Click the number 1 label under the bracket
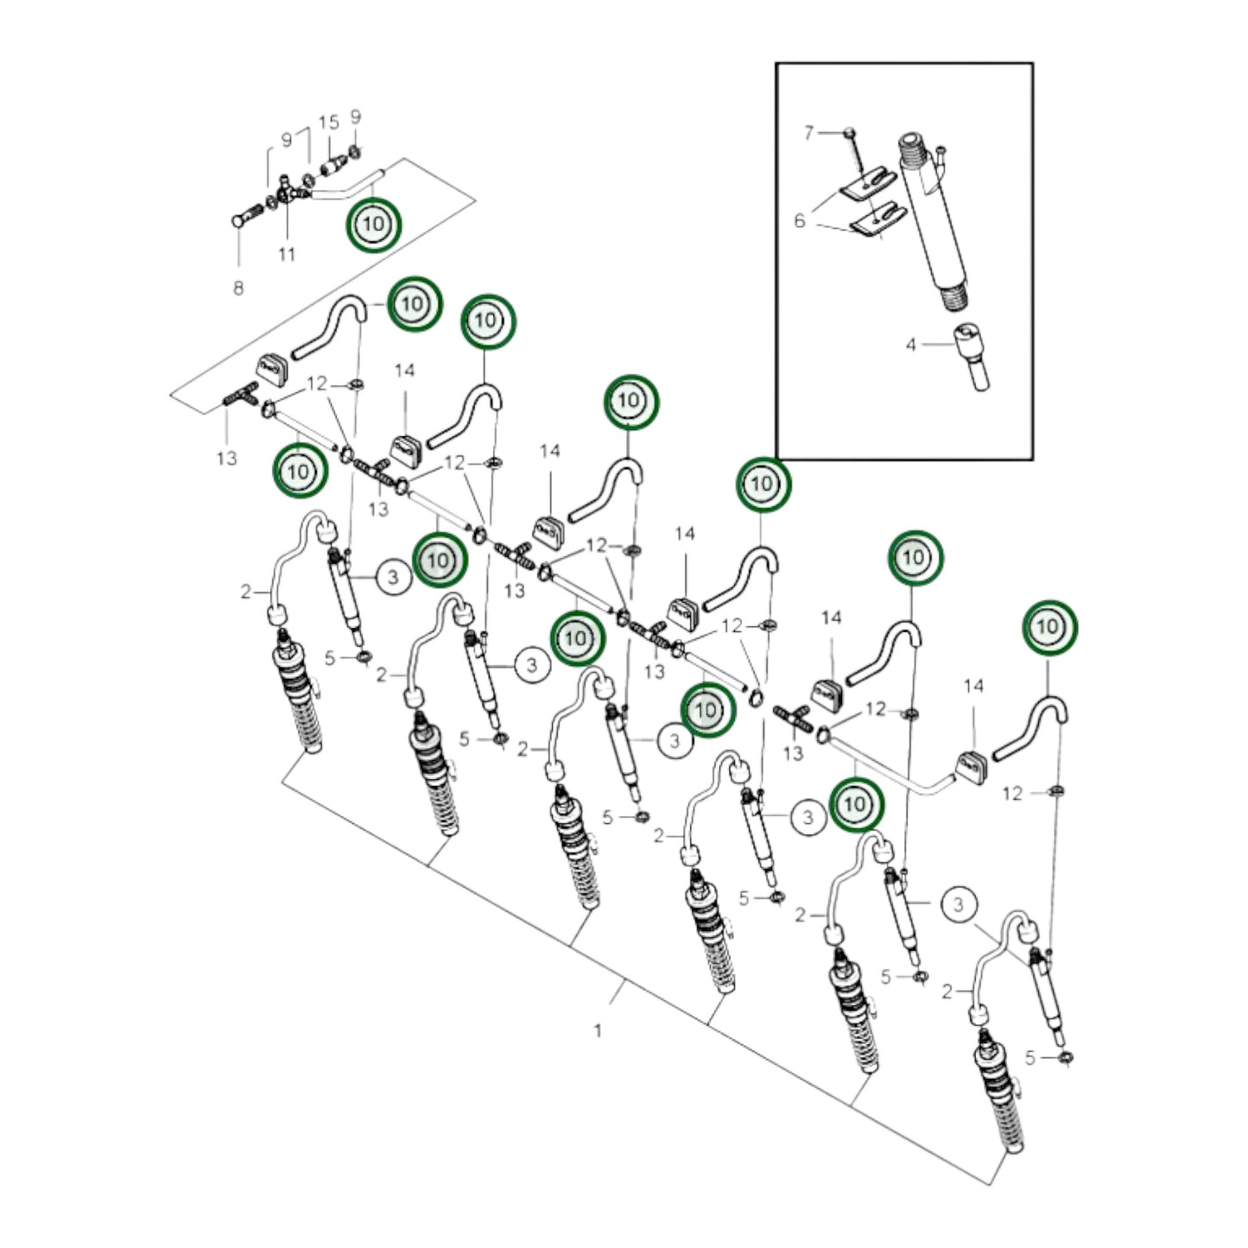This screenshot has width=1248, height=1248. click(598, 1029)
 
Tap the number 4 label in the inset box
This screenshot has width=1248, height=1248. click(910, 345)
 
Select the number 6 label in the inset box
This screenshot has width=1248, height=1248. click(800, 221)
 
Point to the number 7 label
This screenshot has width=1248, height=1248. click(809, 132)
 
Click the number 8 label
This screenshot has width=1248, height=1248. click(238, 288)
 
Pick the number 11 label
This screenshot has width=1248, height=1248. click(287, 254)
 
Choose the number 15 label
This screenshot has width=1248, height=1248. click(329, 122)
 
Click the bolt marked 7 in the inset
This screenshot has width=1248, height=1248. click(851, 132)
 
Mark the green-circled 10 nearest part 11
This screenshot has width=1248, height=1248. click(374, 225)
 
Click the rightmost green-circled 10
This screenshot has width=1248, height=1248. click(1049, 626)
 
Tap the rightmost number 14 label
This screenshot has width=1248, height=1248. click(973, 687)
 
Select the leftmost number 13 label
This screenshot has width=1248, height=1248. click(226, 458)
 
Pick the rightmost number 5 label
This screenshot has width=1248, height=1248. click(1030, 1057)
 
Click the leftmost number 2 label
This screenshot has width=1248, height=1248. click(246, 592)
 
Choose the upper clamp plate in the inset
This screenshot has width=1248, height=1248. click(868, 183)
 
